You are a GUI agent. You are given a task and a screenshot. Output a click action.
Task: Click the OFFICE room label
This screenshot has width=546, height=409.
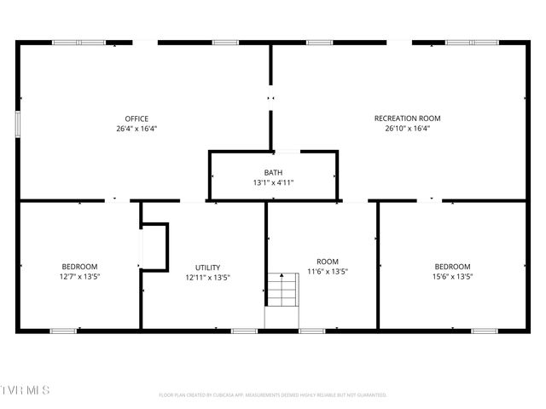click(136, 118)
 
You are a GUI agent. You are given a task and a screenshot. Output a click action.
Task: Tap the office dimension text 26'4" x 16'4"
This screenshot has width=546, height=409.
click(136, 129)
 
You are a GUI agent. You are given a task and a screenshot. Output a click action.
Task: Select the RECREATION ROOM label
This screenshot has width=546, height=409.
click(408, 118)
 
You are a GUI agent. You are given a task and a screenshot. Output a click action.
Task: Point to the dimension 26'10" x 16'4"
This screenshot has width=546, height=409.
click(408, 129)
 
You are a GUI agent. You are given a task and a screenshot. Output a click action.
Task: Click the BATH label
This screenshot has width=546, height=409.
click(273, 173)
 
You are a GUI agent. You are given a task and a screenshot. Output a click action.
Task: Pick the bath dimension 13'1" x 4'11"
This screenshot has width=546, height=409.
click(273, 182)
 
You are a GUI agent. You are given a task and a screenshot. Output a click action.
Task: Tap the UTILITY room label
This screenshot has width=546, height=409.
click(207, 267)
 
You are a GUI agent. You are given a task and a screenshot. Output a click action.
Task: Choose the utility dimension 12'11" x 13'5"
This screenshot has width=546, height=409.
click(207, 277)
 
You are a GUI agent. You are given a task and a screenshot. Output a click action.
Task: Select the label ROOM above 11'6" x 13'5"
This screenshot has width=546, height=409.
click(328, 262)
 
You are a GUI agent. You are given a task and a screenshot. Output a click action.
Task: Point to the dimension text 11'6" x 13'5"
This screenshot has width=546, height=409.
click(328, 272)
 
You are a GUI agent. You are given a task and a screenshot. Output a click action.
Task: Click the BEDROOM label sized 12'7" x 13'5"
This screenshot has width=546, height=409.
click(79, 267)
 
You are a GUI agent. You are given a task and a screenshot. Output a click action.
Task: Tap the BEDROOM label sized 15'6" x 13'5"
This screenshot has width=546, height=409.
click(452, 267)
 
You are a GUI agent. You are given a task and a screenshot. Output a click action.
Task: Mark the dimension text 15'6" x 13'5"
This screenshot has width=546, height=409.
click(452, 277)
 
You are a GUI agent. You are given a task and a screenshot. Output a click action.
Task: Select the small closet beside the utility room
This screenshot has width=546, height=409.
click(154, 246)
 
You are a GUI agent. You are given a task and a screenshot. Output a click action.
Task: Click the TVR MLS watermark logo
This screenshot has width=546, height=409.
click(26, 390)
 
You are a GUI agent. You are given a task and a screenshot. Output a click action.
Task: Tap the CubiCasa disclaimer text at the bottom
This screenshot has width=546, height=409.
click(273, 395)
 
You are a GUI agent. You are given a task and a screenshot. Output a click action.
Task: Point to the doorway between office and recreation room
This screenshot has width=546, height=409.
click(271, 98)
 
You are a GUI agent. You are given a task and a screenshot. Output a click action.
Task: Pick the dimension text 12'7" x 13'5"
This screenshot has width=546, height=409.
click(79, 277)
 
